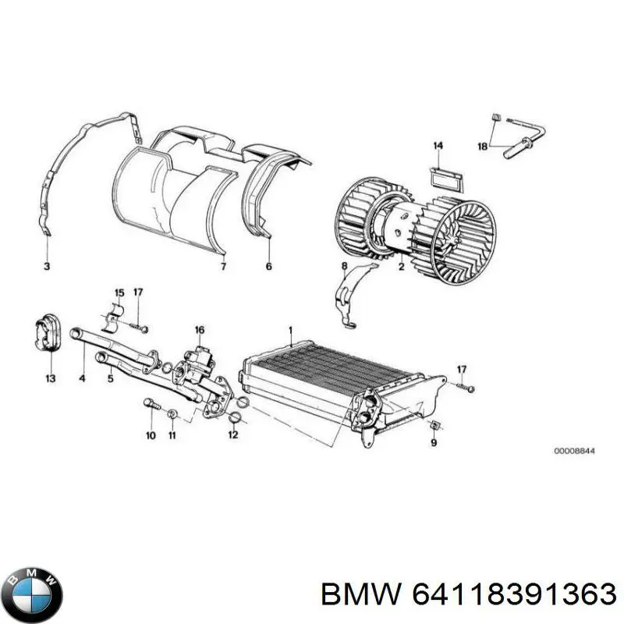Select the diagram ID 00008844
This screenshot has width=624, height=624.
[x=573, y=451]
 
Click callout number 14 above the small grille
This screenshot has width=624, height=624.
[x=438, y=146]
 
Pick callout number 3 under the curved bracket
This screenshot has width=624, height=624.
[x=46, y=267]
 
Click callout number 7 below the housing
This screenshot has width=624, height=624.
[x=223, y=267]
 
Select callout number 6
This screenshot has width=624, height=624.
[x=270, y=267]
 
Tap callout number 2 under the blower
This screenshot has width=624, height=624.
[x=400, y=267]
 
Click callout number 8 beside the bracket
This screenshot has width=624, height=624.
[x=344, y=267]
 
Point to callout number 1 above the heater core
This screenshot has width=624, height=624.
[x=291, y=328]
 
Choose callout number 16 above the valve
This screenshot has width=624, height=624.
[x=199, y=329]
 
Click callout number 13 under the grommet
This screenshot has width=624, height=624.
[x=50, y=379]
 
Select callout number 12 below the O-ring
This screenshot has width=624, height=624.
[x=232, y=435]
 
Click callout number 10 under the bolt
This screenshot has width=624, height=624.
[x=151, y=435]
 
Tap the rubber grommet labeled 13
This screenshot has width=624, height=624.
[x=48, y=332]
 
